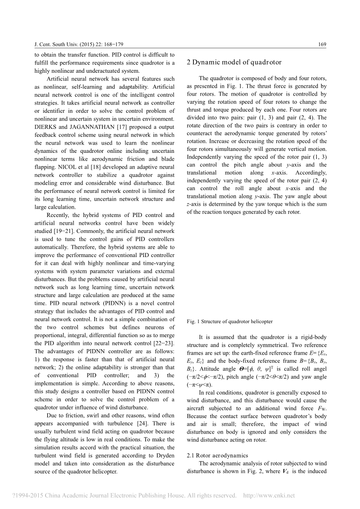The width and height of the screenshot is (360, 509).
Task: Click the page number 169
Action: [322, 45]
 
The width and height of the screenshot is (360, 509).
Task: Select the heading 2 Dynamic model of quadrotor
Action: [234, 62]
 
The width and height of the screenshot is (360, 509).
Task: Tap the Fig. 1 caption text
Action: [230, 322]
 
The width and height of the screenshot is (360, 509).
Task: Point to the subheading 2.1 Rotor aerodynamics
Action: [217, 455]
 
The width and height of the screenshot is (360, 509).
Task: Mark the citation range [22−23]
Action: [165, 343]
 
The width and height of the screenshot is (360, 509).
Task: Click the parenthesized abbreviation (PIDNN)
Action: [116, 303]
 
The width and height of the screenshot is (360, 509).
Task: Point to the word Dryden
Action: [165, 455]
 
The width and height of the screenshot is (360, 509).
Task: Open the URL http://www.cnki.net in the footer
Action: [269, 496]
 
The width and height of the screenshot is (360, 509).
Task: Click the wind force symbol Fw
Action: [322, 408]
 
